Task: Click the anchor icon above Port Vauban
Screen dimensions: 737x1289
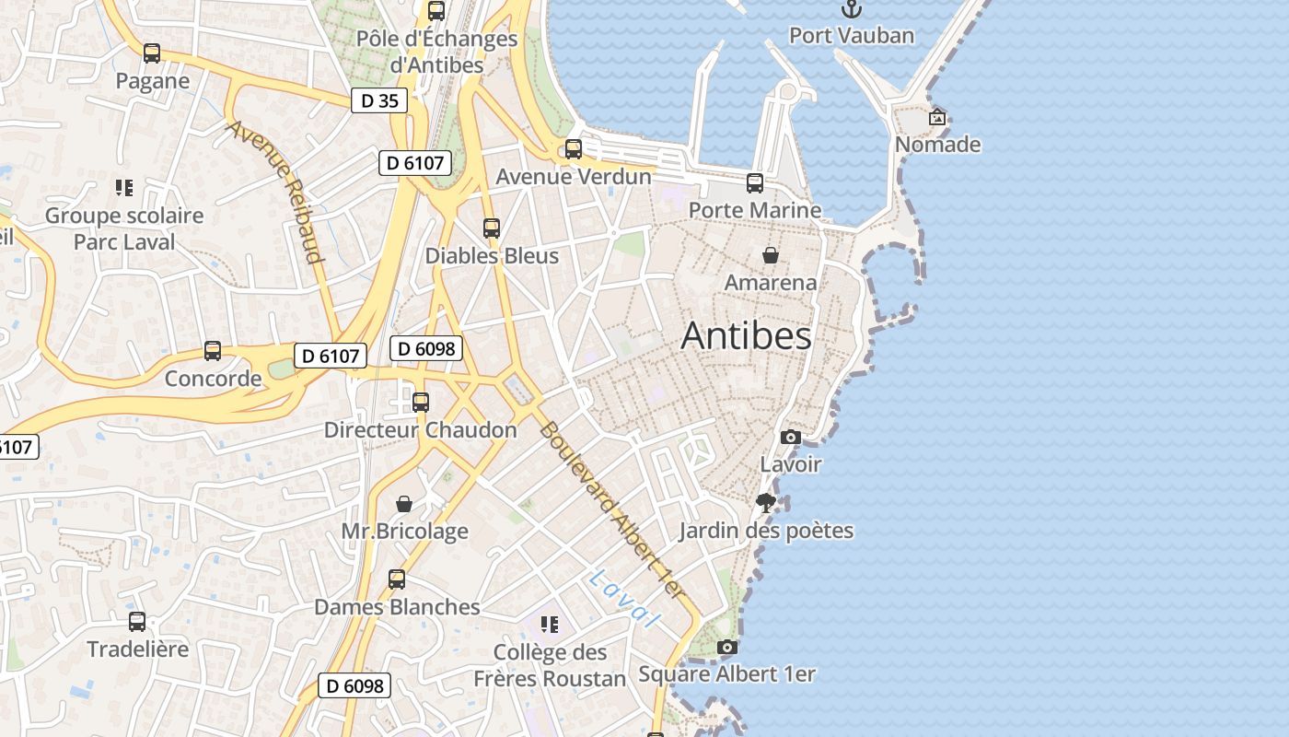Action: pos(852,9)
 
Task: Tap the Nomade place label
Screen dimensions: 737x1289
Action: pos(937,145)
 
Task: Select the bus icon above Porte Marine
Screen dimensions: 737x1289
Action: pos(755,183)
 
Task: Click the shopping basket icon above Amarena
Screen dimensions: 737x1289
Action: pos(771,255)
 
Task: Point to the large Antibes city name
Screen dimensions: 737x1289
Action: pos(746,336)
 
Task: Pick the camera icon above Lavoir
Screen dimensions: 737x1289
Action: pos(790,438)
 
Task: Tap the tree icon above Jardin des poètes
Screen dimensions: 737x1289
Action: pos(765,503)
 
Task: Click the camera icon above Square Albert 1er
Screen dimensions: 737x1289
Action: pos(727,647)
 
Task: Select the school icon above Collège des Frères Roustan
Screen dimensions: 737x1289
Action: pos(550,625)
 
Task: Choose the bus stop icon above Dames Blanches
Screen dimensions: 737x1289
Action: pos(397,579)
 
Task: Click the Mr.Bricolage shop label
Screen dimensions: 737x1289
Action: pos(404,532)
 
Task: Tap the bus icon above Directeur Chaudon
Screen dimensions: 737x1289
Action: pos(421,403)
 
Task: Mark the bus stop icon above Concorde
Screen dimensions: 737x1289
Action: pos(213,351)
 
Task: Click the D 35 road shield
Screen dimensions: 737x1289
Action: pos(379,100)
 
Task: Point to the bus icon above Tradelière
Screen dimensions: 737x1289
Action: pos(137,622)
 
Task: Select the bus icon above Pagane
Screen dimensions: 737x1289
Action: pos(152,53)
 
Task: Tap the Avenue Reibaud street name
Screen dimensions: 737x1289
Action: pos(276,192)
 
